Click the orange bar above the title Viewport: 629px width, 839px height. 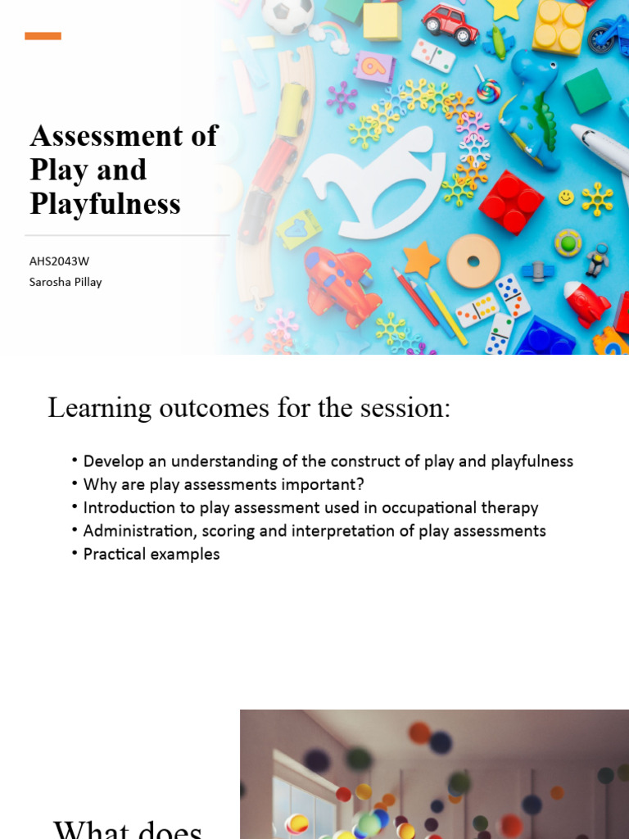coord(43,36)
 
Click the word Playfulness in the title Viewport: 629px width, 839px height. coord(105,204)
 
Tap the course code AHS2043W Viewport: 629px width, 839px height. coord(59,261)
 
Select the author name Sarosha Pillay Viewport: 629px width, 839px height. coord(66,282)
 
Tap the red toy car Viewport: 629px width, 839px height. coord(450,23)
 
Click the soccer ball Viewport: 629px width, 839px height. coord(286,16)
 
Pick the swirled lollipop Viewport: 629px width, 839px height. coord(488,89)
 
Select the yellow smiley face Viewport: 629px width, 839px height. coord(566,197)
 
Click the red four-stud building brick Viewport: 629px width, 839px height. coord(511,202)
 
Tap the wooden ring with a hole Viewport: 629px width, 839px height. coord(473,261)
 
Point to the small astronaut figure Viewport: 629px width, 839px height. coord(597,261)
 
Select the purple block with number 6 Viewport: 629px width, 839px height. coord(374,66)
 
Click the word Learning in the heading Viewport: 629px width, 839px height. coord(99,408)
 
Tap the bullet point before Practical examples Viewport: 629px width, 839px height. coord(75,554)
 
